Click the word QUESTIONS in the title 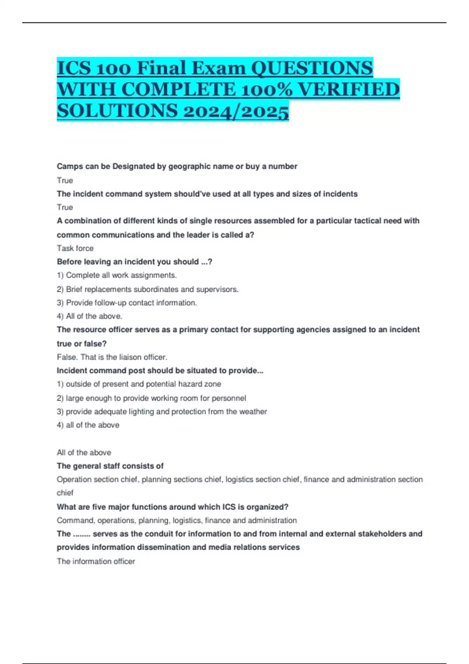tap(311, 68)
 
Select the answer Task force tap(75, 248)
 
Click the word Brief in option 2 tap(74, 289)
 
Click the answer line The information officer tap(96, 561)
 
